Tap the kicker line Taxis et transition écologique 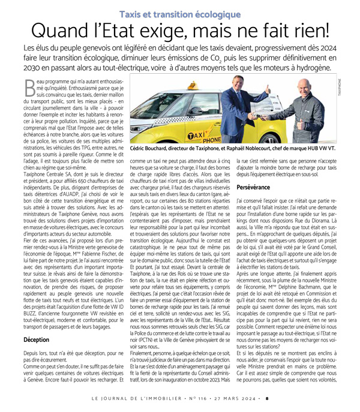(179, 13)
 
